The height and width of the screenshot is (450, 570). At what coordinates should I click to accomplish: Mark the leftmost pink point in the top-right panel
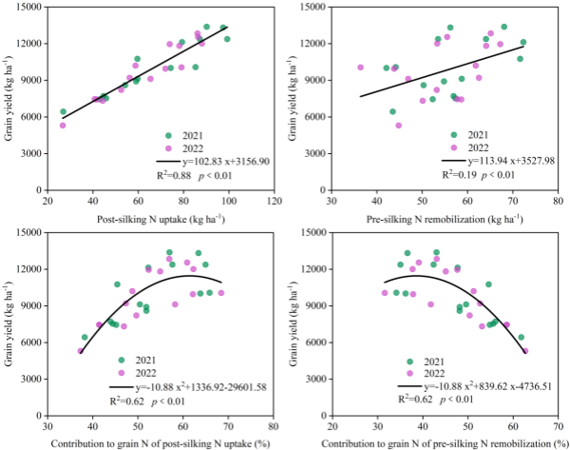click(360, 68)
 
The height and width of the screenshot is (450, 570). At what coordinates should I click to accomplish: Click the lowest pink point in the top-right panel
click(399, 126)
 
